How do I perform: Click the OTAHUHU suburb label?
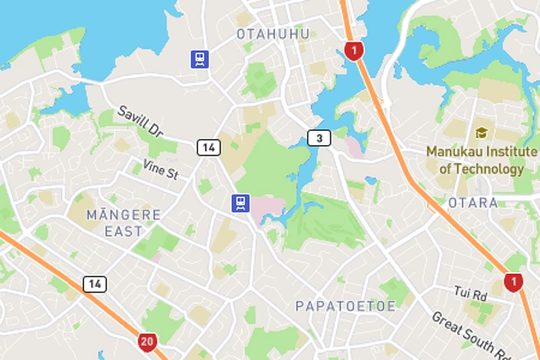[273, 34]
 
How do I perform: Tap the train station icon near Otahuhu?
[199, 58]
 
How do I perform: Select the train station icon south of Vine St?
[242, 202]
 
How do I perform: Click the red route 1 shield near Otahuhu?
[354, 51]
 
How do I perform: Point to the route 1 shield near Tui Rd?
[513, 282]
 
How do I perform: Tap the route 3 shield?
[318, 138]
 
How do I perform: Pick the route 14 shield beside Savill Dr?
[209, 147]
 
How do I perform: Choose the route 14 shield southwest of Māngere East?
[95, 284]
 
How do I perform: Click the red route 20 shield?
[148, 342]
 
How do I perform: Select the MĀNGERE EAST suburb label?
[123, 222]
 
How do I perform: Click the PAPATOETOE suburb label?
[345, 306]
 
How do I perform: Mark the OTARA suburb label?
[474, 203]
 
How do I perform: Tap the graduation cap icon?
[482, 133]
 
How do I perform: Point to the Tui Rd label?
[471, 294]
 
